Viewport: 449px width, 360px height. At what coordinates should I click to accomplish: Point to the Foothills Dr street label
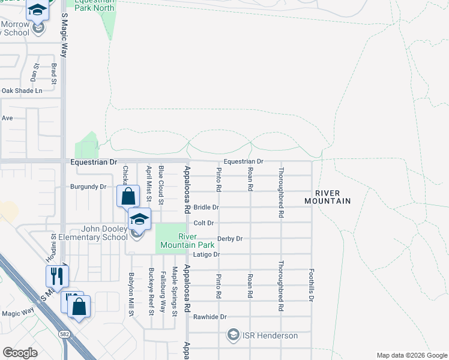[311, 285]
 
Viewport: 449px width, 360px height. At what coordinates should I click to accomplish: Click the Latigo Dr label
[207, 254]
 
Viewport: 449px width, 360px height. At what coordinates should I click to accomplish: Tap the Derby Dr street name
[230, 238]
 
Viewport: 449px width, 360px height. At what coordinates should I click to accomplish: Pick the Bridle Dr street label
[206, 207]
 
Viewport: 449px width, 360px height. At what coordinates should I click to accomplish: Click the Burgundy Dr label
[88, 187]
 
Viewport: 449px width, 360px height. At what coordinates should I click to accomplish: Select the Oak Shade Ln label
[22, 91]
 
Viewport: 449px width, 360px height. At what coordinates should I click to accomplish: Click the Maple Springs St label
[175, 292]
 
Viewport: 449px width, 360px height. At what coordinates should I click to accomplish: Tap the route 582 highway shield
[64, 333]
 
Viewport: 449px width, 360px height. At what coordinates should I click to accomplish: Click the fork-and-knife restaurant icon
[58, 276]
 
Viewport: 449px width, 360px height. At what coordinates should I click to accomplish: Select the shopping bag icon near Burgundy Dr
[128, 196]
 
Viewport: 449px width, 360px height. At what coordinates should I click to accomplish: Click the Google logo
[20, 353]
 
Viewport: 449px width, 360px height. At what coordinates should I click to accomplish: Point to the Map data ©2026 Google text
[411, 355]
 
